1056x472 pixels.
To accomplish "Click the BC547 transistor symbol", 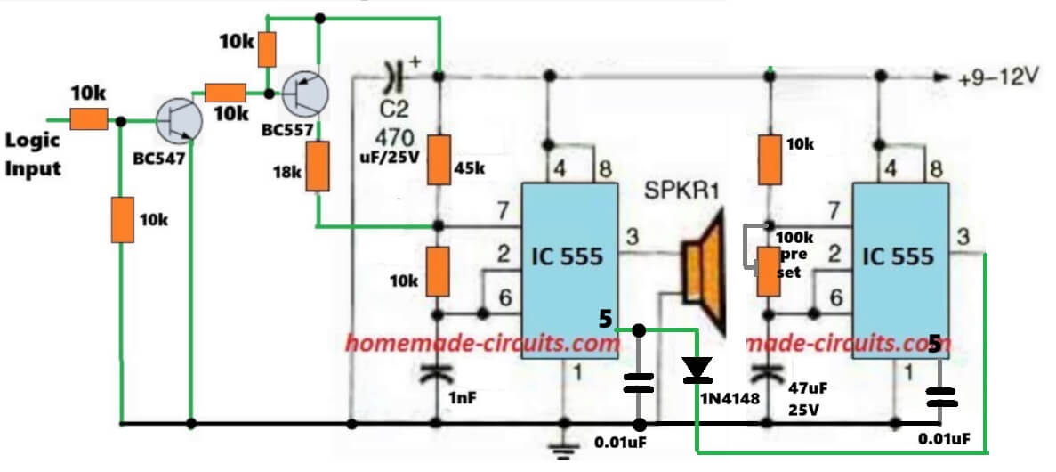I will coord(178,120).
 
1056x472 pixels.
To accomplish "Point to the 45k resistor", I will coord(438,159).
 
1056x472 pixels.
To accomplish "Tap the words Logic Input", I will coord(34,154).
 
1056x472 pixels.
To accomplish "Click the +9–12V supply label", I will coord(998,77).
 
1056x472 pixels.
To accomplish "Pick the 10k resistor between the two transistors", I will coord(225,92).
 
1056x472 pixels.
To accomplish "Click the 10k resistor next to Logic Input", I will coord(89,118).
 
